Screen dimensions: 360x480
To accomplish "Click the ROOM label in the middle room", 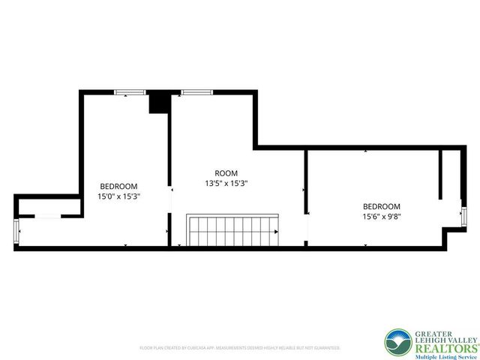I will [226, 172].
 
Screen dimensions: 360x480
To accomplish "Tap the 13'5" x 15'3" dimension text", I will [226, 183].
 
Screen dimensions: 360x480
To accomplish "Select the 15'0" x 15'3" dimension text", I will [119, 196].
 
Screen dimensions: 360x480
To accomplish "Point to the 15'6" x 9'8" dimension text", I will [381, 217].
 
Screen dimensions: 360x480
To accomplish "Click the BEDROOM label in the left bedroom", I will [119, 186].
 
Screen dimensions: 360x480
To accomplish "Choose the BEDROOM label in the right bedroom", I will [381, 206].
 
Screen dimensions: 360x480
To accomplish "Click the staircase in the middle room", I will [232, 229].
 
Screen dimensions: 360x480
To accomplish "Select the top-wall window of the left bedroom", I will [130, 92].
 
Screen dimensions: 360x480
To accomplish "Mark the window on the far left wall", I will [16, 232].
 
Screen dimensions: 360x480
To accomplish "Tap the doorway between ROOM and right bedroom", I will [305, 225].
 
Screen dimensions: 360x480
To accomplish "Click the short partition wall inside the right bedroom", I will [442, 174].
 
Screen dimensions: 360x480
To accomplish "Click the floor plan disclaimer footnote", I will [240, 348].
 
